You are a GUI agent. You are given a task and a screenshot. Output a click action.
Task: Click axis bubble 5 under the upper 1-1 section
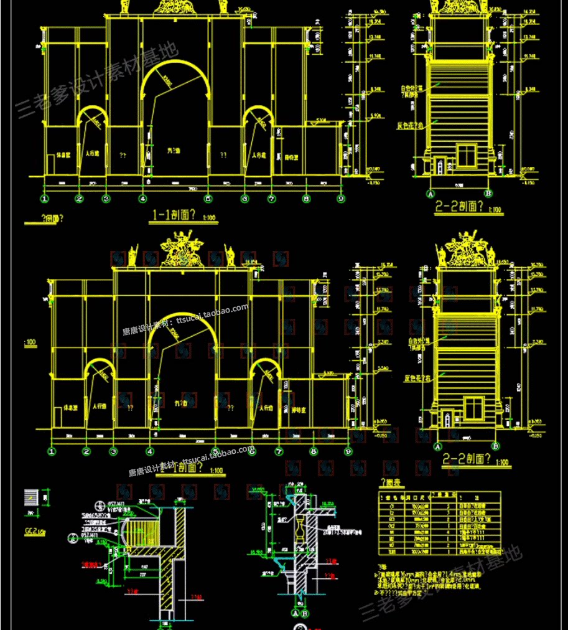(x=208, y=199)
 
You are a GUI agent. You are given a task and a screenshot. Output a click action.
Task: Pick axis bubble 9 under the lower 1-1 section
(x=348, y=451)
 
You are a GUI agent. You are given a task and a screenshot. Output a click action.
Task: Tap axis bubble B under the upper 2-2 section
(x=488, y=194)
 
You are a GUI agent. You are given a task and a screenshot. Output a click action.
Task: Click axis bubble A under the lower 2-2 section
(x=437, y=446)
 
